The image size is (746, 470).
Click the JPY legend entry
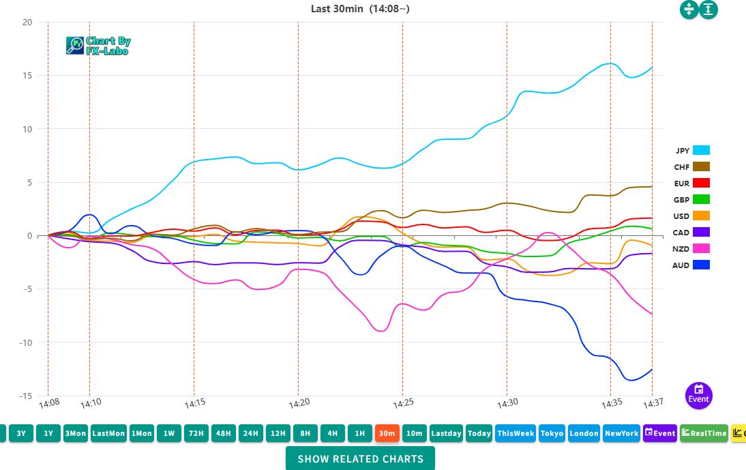[692, 151]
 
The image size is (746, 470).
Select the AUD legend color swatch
[701, 265]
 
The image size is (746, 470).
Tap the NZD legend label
[681, 249]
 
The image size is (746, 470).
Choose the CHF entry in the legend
[692, 167]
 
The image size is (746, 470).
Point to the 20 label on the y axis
[27, 22]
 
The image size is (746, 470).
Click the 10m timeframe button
[413, 433]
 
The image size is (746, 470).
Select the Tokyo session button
[552, 433]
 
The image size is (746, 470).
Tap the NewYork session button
[621, 433]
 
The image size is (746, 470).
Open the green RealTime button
[704, 433]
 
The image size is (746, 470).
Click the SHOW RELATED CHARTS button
[360, 458]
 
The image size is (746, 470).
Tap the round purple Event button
[698, 395]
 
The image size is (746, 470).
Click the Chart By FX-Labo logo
[98, 46]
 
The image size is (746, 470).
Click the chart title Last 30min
[360, 9]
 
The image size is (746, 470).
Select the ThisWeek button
[516, 433]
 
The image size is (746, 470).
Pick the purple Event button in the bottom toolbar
[660, 433]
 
